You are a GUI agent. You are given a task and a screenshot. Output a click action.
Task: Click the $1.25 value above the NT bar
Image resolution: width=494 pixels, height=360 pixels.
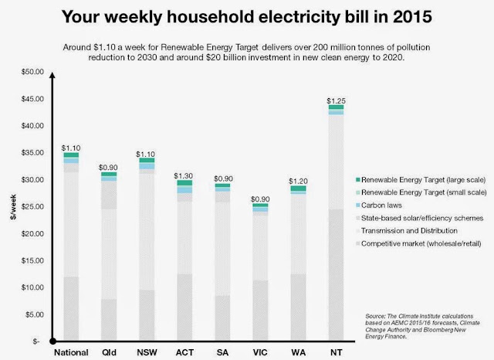tap(336, 101)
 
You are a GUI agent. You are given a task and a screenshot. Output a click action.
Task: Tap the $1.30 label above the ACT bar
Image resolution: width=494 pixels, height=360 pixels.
tap(184, 176)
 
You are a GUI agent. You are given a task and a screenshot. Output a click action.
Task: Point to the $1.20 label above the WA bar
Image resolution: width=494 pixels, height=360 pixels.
tap(298, 182)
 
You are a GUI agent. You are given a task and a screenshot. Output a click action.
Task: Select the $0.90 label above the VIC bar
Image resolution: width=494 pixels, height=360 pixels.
tap(260, 199)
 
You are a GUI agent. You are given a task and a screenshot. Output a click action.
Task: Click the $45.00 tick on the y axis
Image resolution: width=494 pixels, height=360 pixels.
tap(32, 99)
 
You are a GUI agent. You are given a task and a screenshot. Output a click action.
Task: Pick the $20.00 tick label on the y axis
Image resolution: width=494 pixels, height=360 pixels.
tap(32, 233)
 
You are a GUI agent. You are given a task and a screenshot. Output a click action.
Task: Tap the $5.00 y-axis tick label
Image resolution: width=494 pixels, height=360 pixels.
tap(35, 314)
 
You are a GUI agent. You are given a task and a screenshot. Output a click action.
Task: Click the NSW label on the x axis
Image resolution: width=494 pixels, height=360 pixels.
tap(147, 352)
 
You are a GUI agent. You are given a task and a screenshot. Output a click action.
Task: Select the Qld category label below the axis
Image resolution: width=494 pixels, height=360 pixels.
tap(109, 352)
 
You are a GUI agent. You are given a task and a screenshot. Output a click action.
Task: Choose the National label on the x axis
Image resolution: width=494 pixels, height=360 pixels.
tap(71, 352)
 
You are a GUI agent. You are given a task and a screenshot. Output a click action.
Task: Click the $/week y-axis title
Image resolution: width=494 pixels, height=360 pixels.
tap(13, 207)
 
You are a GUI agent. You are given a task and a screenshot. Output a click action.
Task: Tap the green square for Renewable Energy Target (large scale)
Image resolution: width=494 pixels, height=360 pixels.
tap(357, 180)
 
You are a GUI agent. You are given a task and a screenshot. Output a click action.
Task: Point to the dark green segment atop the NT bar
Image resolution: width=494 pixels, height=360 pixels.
tap(336, 107)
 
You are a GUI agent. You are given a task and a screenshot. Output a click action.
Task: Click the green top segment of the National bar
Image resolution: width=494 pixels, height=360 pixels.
tap(71, 155)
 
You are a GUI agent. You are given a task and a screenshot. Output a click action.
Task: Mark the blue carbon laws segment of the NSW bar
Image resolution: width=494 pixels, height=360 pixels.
tap(147, 166)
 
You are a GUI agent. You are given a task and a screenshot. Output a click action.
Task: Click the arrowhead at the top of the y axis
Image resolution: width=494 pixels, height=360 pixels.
tap(52, 75)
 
